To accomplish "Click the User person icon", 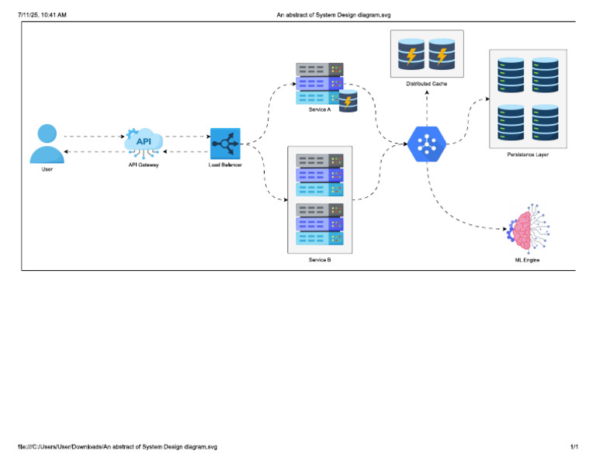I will (x=47, y=144).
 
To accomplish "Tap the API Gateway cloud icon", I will (x=144, y=142).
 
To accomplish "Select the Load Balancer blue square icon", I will (x=225, y=144).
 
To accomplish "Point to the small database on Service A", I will (x=348, y=100).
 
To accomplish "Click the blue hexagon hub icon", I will (x=427, y=144).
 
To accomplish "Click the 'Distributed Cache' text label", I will (x=426, y=83).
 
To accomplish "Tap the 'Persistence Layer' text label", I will (x=528, y=155).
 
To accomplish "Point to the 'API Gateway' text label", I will (x=144, y=165).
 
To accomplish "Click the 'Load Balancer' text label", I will (x=225, y=165).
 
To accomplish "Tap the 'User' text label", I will (x=47, y=169).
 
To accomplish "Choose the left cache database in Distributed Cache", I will (x=411, y=54).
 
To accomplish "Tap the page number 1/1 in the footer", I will (x=574, y=447).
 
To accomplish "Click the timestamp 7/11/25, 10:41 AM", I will (x=47, y=14).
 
